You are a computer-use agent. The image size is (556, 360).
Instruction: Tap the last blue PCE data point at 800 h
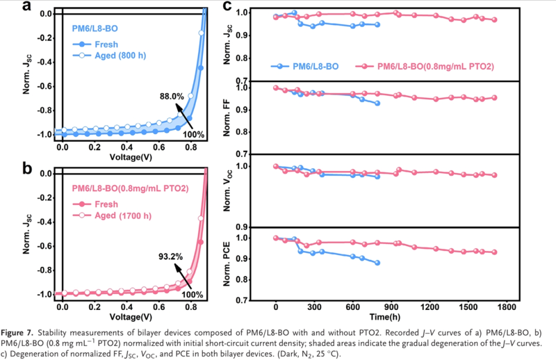click(377, 263)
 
